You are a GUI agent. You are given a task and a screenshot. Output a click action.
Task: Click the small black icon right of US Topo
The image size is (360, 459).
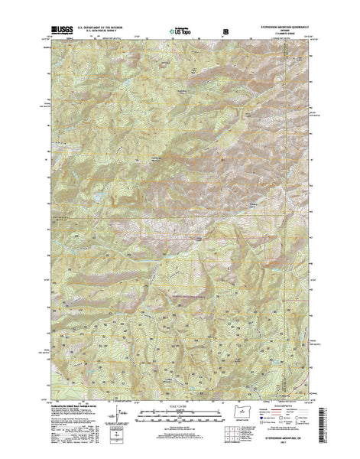225,31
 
